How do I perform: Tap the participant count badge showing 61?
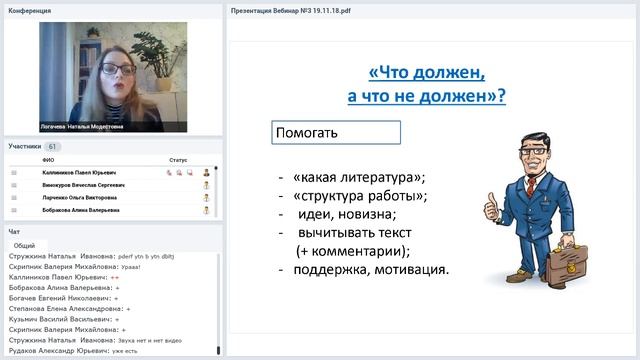click(52, 146)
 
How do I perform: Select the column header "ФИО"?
click(48, 159)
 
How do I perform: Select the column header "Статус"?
click(178, 159)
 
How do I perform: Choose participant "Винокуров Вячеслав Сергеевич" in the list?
click(83, 185)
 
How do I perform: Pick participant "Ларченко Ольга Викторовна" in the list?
click(80, 198)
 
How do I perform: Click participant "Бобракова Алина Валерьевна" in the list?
click(80, 211)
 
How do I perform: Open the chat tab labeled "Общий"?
click(25, 245)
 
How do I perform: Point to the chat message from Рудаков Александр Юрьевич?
click(70, 350)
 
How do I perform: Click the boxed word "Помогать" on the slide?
click(308, 133)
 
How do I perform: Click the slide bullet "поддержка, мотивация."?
click(370, 269)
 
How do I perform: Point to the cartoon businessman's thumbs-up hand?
click(492, 207)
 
